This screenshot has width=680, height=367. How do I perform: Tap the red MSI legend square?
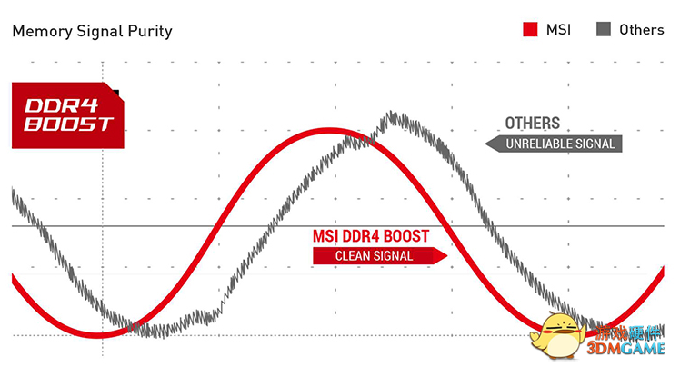point(530,29)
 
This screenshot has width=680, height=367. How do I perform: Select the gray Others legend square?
point(604,29)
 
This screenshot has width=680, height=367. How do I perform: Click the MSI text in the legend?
point(558,29)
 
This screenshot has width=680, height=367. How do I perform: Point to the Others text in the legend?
point(642,29)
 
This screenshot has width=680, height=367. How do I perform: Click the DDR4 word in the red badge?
point(62,106)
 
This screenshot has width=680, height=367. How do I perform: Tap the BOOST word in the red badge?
point(68,124)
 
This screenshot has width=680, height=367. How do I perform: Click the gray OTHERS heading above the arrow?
point(533,123)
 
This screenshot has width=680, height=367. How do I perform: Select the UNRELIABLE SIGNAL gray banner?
point(554,144)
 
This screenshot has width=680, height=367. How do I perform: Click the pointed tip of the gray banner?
point(486,144)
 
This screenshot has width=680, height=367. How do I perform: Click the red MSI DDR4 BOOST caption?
point(371,236)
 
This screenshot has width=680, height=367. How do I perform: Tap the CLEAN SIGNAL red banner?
point(380,255)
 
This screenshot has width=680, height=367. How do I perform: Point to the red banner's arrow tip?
point(446,255)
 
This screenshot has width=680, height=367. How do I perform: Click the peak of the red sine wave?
point(332,131)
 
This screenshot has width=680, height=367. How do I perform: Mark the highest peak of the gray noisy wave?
point(392,114)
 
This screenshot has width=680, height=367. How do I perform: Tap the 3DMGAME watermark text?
point(626,348)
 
